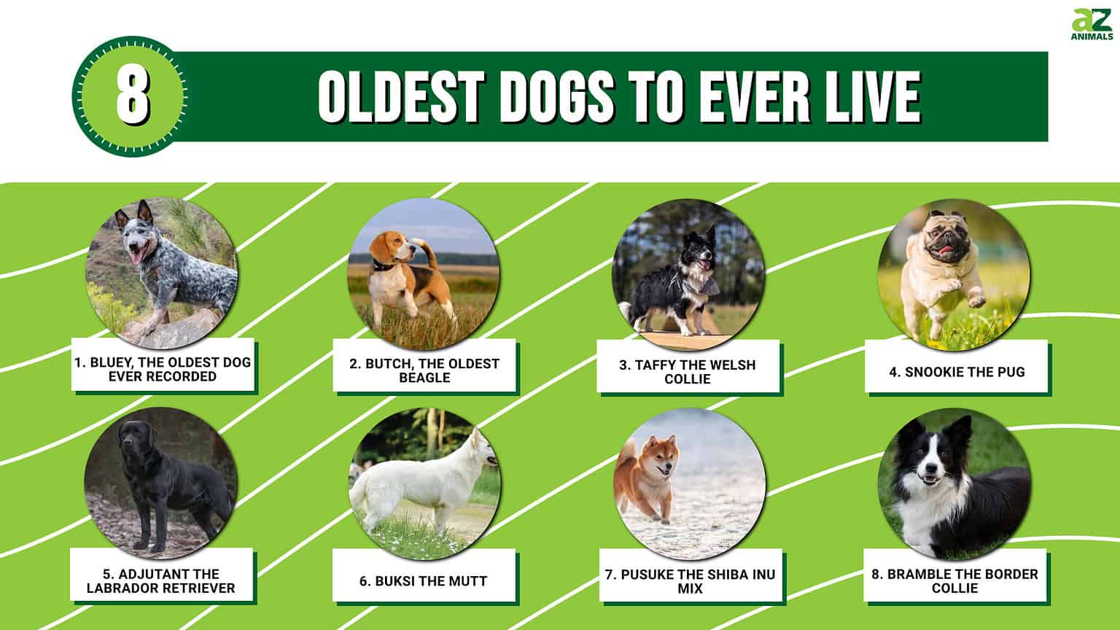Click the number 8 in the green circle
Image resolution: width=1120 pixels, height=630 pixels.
[133, 97]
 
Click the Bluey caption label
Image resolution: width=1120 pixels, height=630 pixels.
[162, 369]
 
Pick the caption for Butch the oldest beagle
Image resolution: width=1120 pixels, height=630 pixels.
[424, 370]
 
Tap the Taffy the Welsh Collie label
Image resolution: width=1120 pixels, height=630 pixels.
[688, 371]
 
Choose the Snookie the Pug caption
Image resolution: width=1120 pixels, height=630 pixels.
[957, 372]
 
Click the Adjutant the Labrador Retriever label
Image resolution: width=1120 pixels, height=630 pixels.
[161, 580]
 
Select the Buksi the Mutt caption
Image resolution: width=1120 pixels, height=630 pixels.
[424, 581]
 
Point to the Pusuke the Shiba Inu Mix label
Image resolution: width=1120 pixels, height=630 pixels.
[690, 580]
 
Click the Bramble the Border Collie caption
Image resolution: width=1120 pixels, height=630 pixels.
[954, 580]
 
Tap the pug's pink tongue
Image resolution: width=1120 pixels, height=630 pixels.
[947, 254]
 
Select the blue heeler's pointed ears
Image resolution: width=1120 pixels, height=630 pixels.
[135, 212]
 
